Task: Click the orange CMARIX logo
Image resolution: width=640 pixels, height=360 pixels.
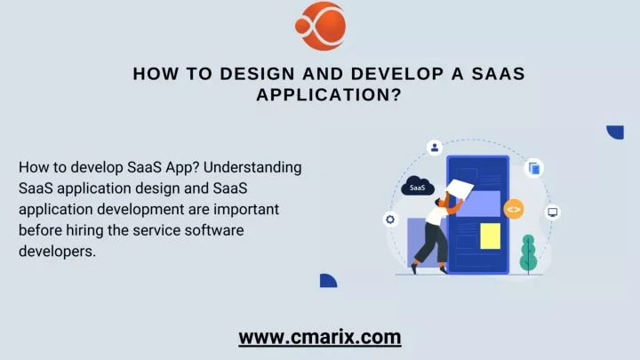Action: click(321, 26)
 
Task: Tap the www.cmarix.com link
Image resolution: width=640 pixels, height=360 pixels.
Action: click(320, 337)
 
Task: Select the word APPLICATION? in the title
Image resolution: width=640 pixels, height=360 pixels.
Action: click(329, 95)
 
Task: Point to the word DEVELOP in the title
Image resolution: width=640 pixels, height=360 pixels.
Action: click(397, 74)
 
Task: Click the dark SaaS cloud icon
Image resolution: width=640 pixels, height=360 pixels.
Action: click(417, 186)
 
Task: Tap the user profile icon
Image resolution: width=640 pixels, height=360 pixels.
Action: click(435, 147)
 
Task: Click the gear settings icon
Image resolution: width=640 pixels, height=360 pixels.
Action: click(390, 220)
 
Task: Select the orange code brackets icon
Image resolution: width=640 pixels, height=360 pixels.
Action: click(514, 210)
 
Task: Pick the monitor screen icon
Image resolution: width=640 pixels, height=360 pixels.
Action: click(553, 212)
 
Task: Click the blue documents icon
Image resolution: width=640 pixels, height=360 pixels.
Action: click(534, 168)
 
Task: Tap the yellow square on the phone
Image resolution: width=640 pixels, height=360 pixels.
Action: click(490, 236)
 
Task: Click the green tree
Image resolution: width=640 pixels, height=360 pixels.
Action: click(528, 253)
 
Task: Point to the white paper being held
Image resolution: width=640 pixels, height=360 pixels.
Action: click(460, 188)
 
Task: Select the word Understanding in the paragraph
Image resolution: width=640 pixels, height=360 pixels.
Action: click(252, 167)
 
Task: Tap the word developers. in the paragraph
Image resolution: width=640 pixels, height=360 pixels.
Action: click(57, 252)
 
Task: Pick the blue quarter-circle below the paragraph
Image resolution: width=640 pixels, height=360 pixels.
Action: click(328, 280)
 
